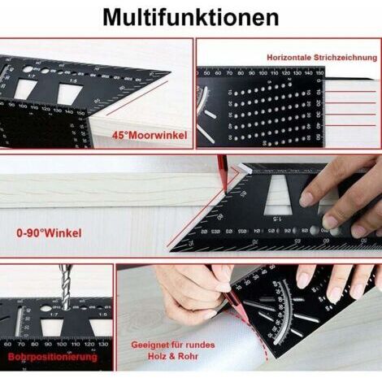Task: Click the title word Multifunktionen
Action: tap(191, 17)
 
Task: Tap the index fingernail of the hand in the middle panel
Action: tap(306, 198)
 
